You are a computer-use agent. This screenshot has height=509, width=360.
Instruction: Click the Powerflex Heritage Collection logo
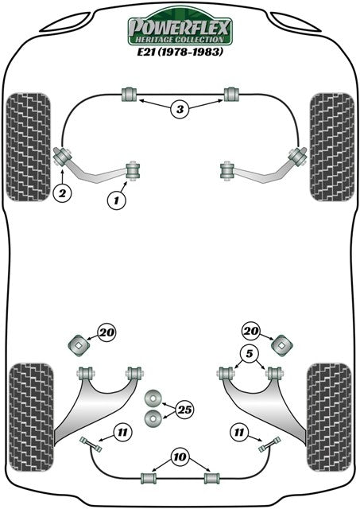tap(180, 29)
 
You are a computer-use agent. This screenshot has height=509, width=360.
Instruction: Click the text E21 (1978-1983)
tap(180, 52)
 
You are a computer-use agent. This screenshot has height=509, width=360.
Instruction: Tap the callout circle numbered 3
tap(180, 109)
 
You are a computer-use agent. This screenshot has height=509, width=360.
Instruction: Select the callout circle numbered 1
tap(117, 200)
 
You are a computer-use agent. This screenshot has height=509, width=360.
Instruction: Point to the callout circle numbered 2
tap(62, 193)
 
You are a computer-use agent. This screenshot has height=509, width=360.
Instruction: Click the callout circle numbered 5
tap(249, 354)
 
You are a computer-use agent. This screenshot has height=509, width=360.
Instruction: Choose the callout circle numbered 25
tap(184, 410)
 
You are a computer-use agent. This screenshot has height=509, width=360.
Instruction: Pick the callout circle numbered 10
tap(180, 457)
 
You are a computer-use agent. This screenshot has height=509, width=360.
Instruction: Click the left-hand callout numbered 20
tap(107, 332)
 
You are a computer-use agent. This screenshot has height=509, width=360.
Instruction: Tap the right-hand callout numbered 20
tap(250, 331)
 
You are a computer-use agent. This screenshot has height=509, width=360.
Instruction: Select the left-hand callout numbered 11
tap(122, 433)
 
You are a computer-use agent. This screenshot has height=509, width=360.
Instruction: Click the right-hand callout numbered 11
tap(239, 433)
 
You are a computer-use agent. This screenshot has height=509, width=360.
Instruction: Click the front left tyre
tap(29, 147)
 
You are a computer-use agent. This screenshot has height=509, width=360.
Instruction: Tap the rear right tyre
tap(329, 418)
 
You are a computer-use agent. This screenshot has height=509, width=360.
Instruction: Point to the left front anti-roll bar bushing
tap(130, 94)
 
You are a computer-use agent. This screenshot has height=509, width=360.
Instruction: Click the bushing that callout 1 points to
tap(133, 169)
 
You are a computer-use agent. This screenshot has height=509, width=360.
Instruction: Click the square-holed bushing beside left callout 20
tap(79, 345)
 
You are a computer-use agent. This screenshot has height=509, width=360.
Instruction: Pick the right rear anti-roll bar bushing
tap(211, 478)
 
